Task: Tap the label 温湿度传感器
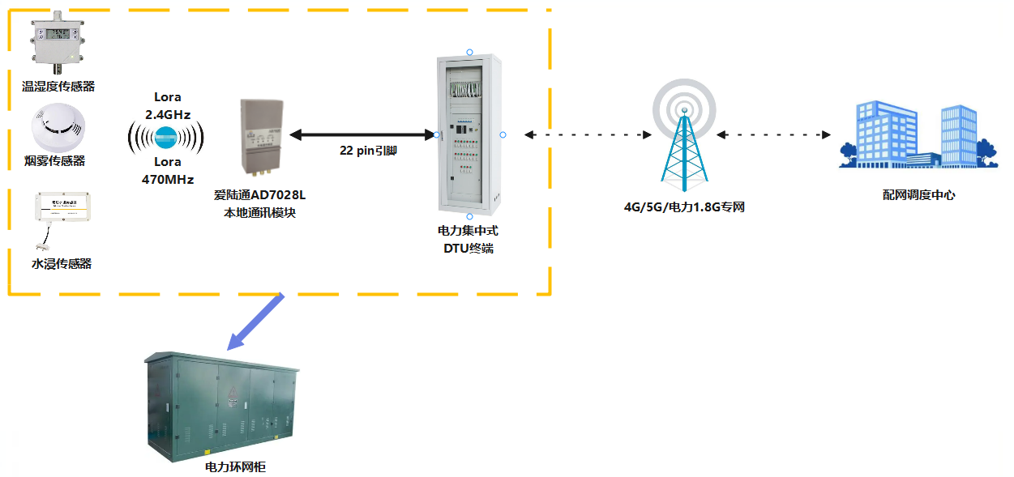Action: (58, 86)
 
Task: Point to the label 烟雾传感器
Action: (55, 161)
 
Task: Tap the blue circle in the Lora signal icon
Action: (166, 137)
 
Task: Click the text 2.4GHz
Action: (167, 115)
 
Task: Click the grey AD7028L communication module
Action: (260, 136)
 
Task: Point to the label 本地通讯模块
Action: (259, 213)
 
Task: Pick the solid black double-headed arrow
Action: (362, 134)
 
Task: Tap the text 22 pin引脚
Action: (369, 151)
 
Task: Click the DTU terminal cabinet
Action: (469, 134)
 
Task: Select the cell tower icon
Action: (684, 134)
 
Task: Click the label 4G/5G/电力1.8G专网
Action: (684, 207)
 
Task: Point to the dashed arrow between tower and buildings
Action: (774, 134)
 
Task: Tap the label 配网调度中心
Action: (918, 195)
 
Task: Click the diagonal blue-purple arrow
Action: (256, 321)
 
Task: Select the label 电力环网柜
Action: (236, 467)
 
